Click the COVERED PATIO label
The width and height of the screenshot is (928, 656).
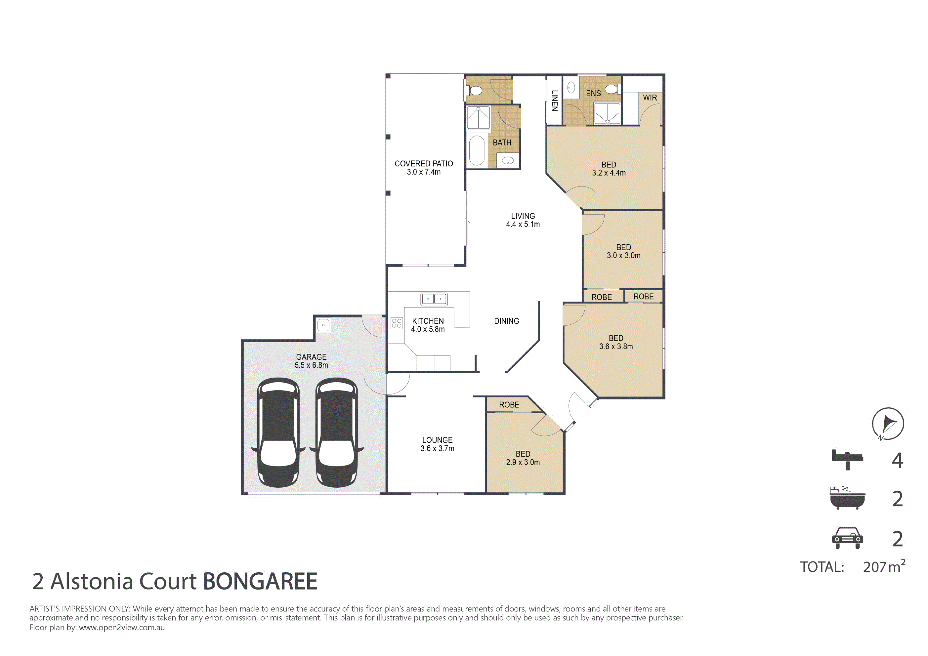click(x=424, y=164)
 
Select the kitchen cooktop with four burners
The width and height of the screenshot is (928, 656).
click(x=397, y=323)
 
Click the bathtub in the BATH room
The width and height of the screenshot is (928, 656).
click(x=477, y=150)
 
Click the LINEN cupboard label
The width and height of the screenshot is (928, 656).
click(x=555, y=101)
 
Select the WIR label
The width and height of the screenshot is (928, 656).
click(x=650, y=98)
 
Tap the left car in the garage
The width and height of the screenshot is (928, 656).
click(x=278, y=432)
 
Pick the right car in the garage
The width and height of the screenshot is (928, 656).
click(x=336, y=432)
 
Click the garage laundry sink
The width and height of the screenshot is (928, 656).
click(x=323, y=325)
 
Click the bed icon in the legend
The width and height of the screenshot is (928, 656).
click(x=847, y=460)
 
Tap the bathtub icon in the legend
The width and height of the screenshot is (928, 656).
click(x=847, y=498)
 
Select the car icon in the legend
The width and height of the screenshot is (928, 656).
click(x=847, y=538)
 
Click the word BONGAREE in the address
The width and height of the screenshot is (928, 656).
click(x=260, y=582)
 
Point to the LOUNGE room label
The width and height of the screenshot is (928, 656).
click(x=437, y=440)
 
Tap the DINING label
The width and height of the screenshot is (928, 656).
click(x=506, y=321)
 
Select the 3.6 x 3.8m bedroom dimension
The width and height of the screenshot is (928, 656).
click(x=616, y=347)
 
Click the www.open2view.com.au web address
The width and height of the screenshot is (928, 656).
click(x=122, y=628)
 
